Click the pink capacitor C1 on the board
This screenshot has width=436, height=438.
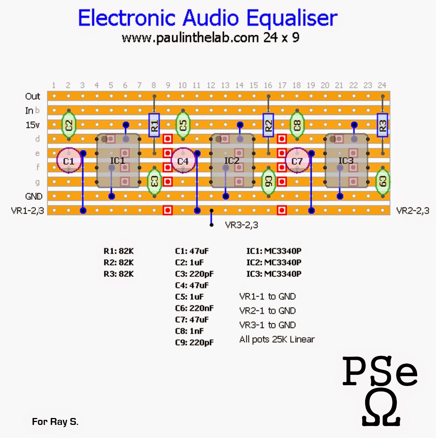(x=68, y=160)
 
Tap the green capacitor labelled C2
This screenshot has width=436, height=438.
(x=68, y=125)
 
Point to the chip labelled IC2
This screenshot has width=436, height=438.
(x=232, y=160)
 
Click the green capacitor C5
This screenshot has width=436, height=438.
(x=183, y=125)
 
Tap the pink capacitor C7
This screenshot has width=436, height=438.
(x=297, y=160)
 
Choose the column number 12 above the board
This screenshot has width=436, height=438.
(x=211, y=85)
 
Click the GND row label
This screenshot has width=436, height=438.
(x=34, y=196)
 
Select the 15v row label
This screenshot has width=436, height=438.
(x=32, y=125)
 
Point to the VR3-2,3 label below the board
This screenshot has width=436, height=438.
(x=242, y=225)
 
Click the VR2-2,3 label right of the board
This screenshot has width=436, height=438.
(x=413, y=211)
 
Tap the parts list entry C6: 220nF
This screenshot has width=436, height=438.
(x=194, y=308)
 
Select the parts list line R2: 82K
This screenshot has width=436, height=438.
(x=119, y=262)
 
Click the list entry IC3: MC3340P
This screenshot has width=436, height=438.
(x=274, y=274)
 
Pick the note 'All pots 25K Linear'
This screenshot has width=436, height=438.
(x=277, y=339)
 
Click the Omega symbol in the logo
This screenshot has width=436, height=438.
(x=381, y=410)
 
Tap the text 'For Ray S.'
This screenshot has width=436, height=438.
(x=55, y=422)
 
